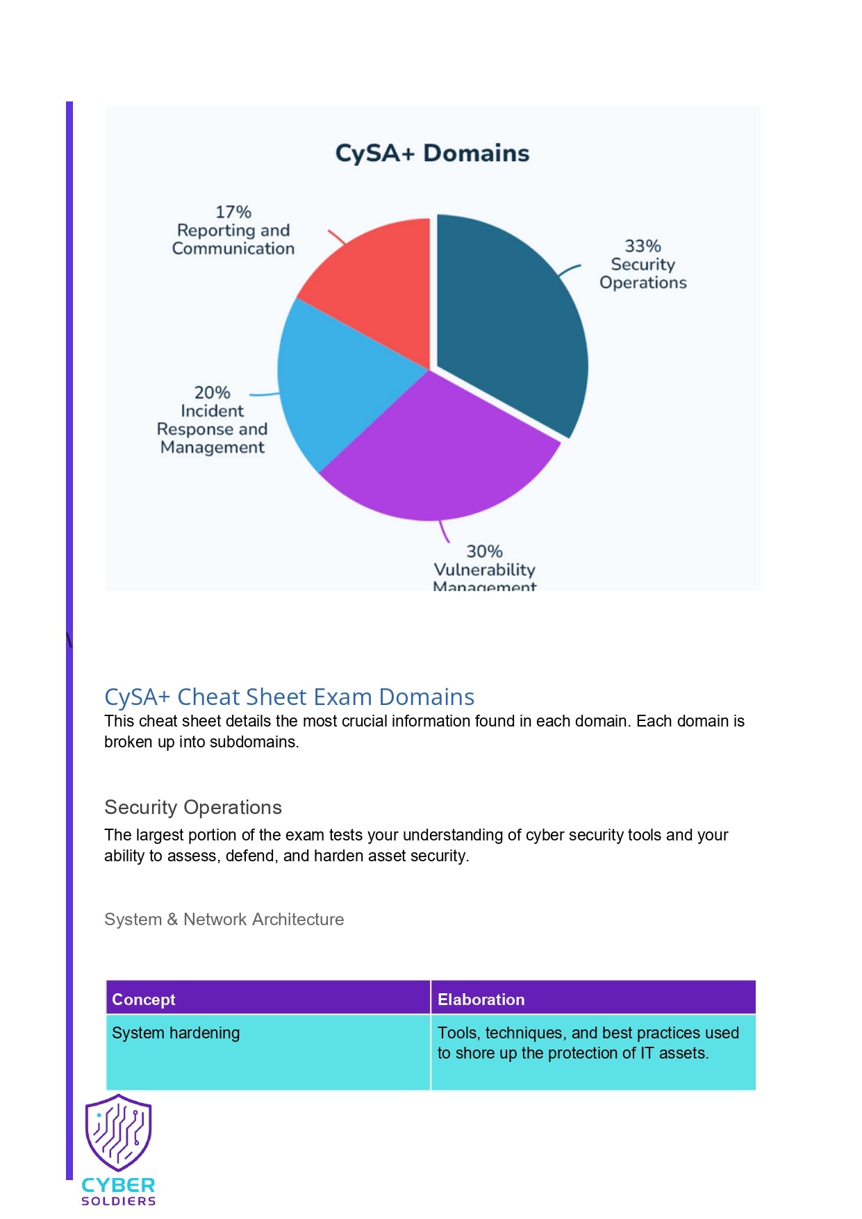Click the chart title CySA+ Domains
pyautogui.click(x=432, y=153)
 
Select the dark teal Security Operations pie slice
pyautogui.click(x=507, y=320)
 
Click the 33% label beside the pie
pyautogui.click(x=643, y=246)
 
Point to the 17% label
pyautogui.click(x=233, y=212)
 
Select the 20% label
pyautogui.click(x=212, y=392)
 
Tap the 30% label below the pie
pyautogui.click(x=484, y=552)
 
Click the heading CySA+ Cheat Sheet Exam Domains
pyautogui.click(x=289, y=697)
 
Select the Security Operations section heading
pyautogui.click(x=193, y=807)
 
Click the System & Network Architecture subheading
pyautogui.click(x=224, y=919)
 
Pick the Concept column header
pyautogui.click(x=144, y=1000)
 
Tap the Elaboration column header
pyautogui.click(x=481, y=1000)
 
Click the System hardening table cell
pyautogui.click(x=176, y=1033)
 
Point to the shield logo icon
pyautogui.click(x=118, y=1132)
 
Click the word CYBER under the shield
pyautogui.click(x=118, y=1185)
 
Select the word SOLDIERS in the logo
pyautogui.click(x=118, y=1201)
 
